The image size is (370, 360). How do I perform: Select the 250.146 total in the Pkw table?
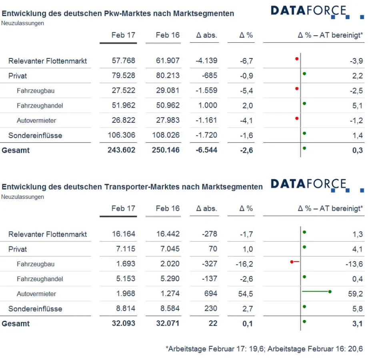pos(168,150)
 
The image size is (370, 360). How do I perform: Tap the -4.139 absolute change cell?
pos(206,61)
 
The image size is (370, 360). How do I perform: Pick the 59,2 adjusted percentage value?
pos(355,294)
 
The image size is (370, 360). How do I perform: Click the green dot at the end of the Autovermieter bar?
pos(330,292)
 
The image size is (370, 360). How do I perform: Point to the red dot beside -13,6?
pos(292,262)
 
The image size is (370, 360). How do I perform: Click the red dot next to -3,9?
pos(297,59)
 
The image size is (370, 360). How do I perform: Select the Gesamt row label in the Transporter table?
pos(16,324)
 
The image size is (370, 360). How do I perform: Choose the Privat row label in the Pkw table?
pos(18,76)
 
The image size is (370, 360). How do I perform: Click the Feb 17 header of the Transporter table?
pos(123,208)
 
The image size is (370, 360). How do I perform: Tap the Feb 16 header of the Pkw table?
pos(168,35)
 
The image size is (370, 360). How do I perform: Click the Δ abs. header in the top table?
pos(206,35)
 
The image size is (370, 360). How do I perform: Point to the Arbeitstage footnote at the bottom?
pos(264,349)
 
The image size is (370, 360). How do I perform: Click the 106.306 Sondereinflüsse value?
pos(121,135)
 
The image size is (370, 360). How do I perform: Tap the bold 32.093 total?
pos(124,323)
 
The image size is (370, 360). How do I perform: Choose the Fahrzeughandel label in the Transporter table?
pos(40,279)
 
